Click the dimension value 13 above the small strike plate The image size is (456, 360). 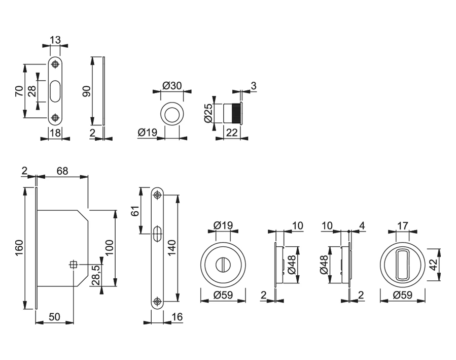pos(55,40)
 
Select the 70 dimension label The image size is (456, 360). pos(18,91)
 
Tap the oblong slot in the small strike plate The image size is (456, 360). pos(55,91)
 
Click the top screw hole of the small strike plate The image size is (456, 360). pos(55,64)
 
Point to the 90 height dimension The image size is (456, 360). pos(86,91)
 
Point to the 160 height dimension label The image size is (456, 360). pos(19,248)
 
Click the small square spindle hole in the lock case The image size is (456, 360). pos(74,264)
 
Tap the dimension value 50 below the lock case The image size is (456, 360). pos(54,317)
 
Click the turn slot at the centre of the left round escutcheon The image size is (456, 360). pos(223,264)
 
